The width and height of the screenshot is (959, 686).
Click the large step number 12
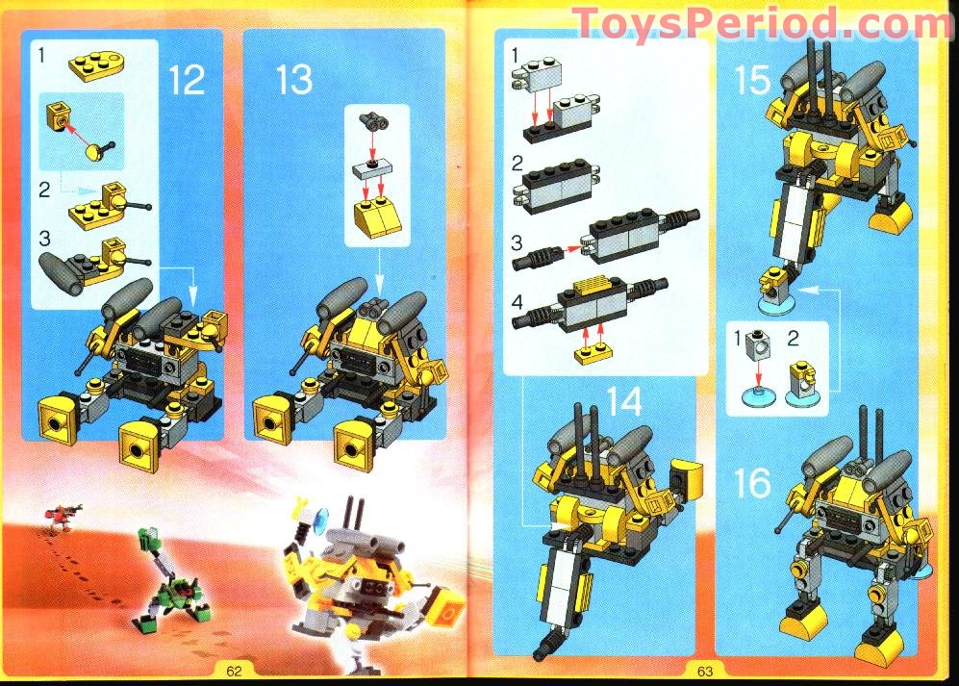coord(187,78)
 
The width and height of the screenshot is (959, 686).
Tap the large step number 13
coord(294,78)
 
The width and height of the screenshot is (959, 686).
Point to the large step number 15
coord(751,80)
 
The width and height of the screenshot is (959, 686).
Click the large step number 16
coord(752,484)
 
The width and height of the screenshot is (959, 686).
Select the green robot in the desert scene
coord(163,582)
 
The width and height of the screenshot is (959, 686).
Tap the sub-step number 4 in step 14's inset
coord(518,301)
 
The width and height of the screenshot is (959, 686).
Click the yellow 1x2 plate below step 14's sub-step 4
coord(593,356)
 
